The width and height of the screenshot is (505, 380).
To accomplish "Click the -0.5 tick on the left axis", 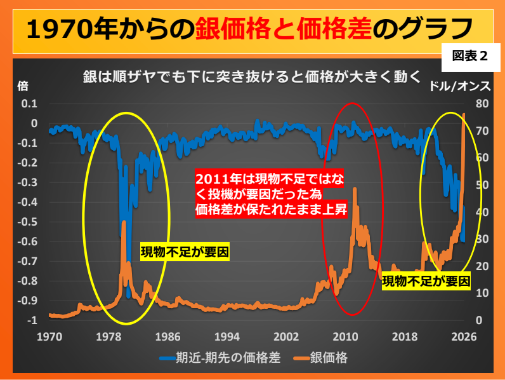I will click(29, 222).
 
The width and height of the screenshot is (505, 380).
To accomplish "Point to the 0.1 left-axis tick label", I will click(30, 104).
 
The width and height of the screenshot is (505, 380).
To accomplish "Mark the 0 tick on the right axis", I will click(480, 321).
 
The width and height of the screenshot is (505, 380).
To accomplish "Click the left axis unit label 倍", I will click(23, 86).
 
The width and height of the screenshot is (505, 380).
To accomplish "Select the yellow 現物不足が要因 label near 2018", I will click(426, 280).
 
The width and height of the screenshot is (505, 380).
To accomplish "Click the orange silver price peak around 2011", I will click(355, 189).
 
